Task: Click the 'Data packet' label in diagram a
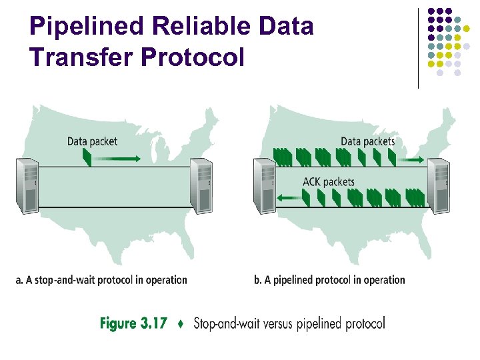(x=92, y=141)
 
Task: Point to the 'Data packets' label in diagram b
(x=367, y=141)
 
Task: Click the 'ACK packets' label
(x=328, y=181)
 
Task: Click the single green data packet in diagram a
(x=86, y=157)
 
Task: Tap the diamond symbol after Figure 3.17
(x=181, y=325)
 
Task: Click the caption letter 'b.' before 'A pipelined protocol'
(x=257, y=280)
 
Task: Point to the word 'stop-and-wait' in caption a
(x=57, y=280)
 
